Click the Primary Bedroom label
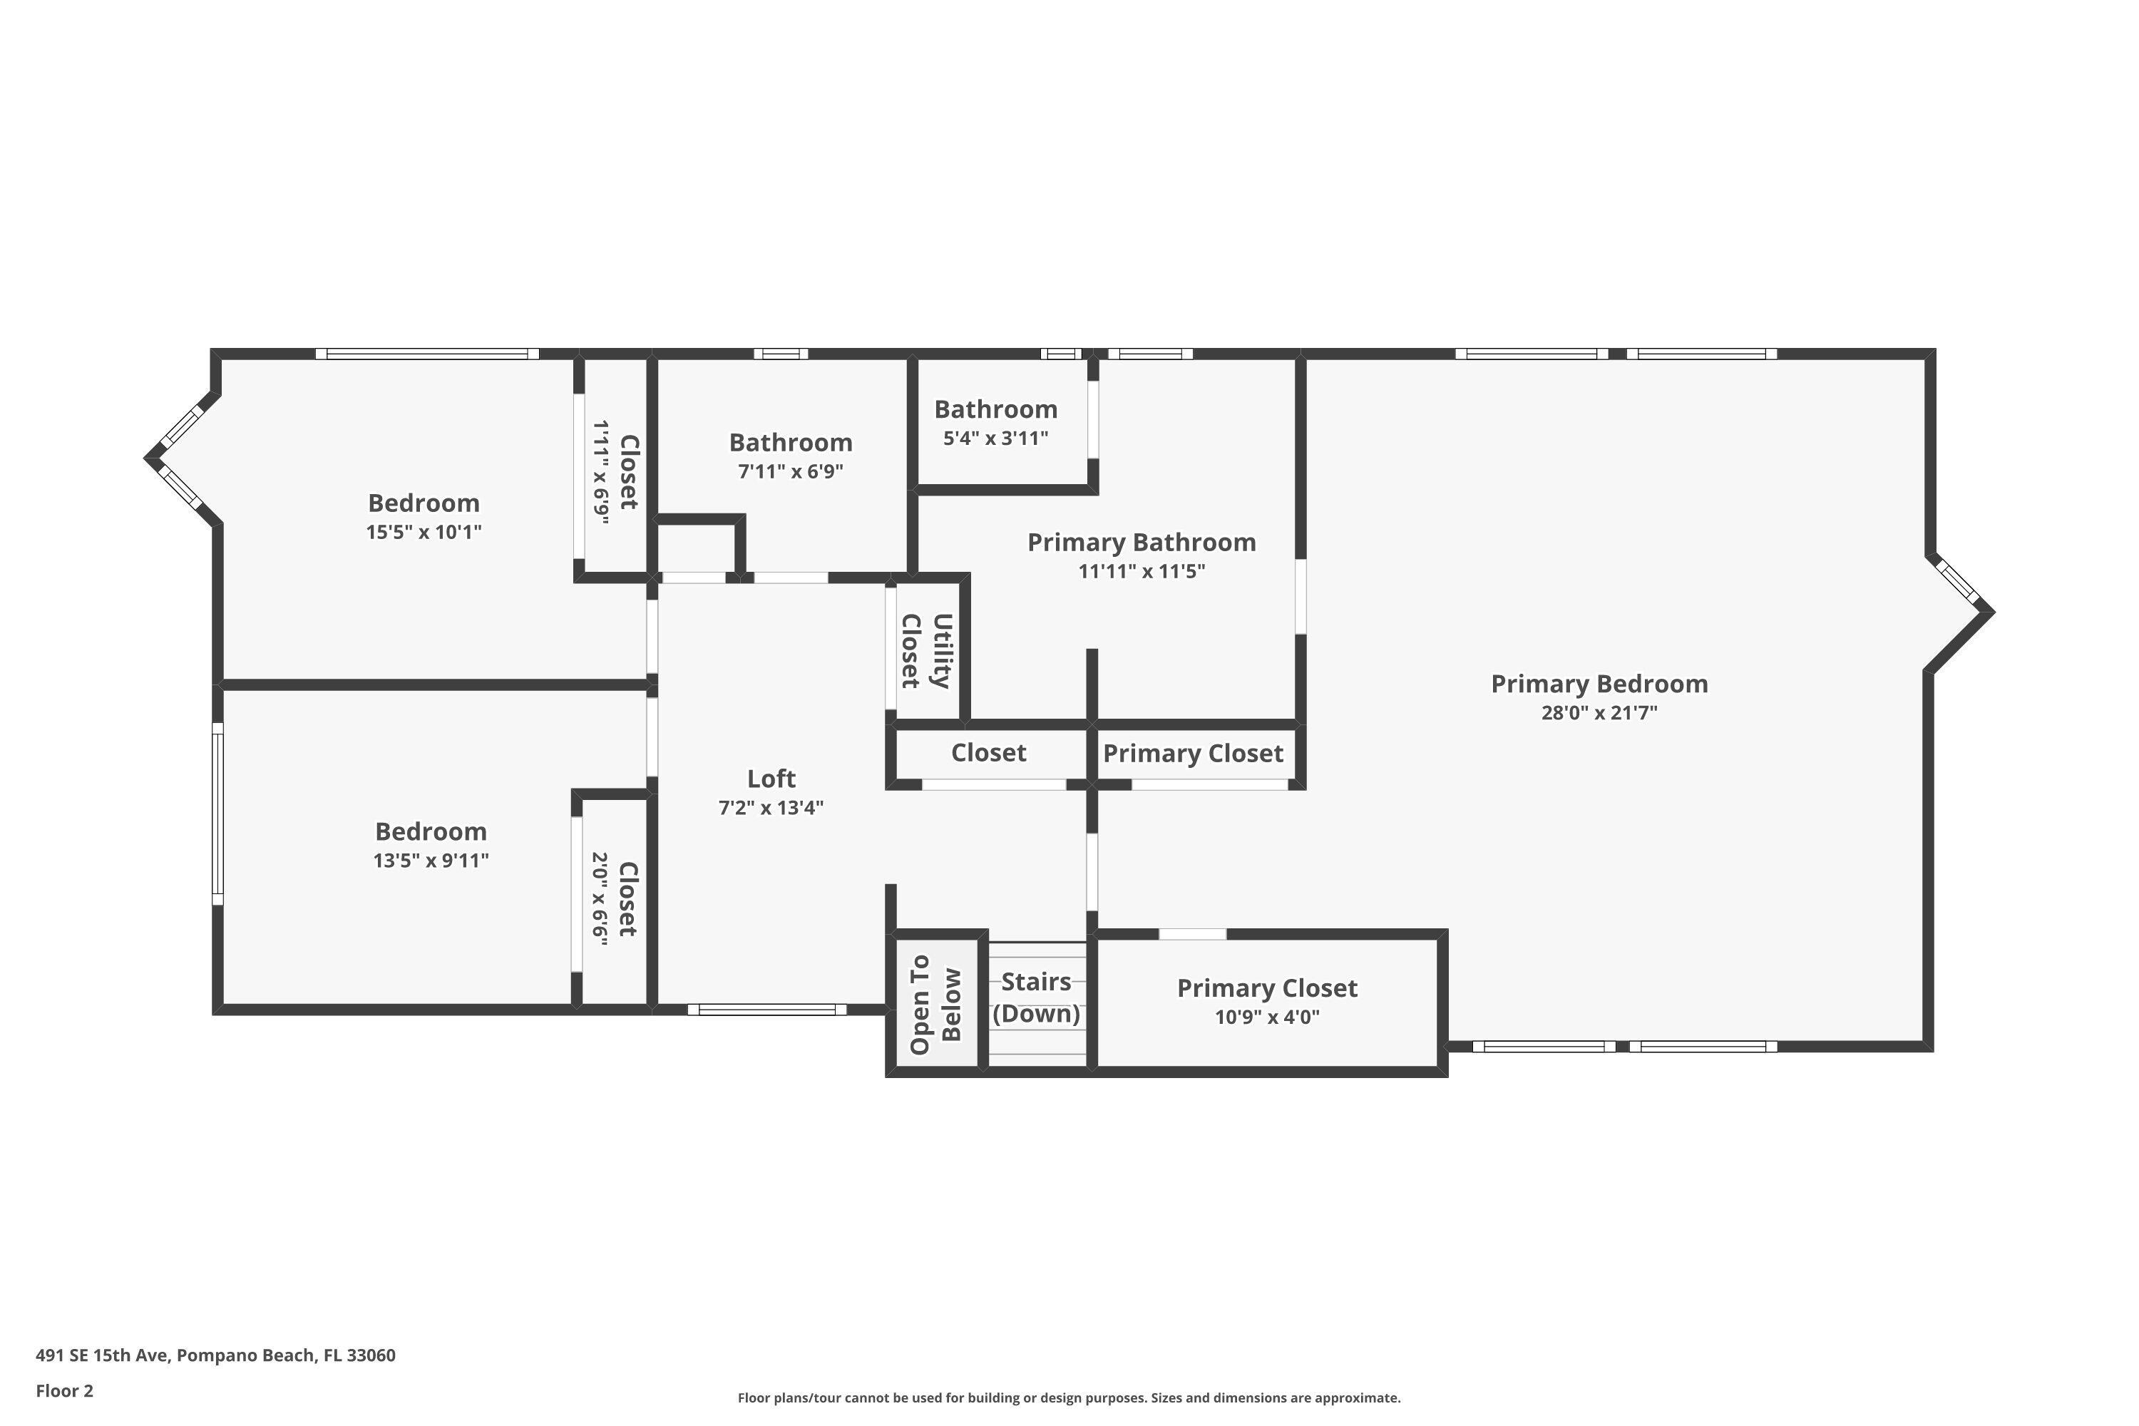pos(1599,684)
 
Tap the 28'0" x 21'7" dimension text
pos(1599,713)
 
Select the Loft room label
pos(771,779)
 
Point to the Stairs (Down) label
pos(1036,997)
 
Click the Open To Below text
pos(935,1004)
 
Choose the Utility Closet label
pos(925,651)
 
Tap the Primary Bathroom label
pos(1142,543)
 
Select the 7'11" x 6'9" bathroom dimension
pos(790,471)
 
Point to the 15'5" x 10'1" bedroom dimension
pos(424,532)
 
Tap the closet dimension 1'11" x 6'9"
pos(600,469)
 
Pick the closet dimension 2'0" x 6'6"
pos(600,898)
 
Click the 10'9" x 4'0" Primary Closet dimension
pos(1267,1017)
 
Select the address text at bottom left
pos(215,1355)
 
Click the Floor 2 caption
pos(65,1390)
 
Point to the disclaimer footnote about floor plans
pos(1069,1397)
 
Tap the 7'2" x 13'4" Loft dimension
pos(771,808)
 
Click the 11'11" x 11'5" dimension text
pos(1142,571)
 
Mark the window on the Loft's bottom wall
pos(766,1010)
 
